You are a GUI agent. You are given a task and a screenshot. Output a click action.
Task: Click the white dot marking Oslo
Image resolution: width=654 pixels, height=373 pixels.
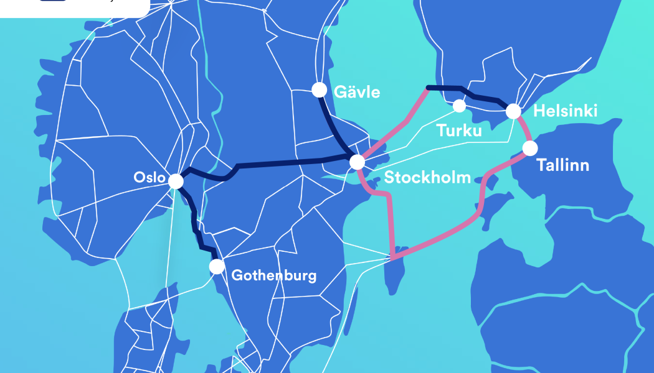(176, 181)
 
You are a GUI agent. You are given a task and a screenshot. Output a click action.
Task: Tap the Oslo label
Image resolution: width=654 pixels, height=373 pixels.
(149, 178)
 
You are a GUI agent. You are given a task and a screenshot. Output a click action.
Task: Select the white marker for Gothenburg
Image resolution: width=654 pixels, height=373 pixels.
(217, 267)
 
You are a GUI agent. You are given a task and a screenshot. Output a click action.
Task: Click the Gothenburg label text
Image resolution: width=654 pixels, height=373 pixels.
(273, 275)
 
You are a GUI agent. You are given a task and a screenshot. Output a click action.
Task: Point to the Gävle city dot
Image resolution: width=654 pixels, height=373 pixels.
(319, 90)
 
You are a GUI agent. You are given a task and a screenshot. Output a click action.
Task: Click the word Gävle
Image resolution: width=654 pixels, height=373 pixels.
(357, 92)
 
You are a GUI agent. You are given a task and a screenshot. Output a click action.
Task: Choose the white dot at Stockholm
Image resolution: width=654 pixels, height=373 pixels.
(357, 162)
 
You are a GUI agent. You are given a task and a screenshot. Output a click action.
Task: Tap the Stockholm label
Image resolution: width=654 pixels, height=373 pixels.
(427, 177)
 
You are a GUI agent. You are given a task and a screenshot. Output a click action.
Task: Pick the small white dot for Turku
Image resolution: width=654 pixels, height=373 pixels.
(459, 106)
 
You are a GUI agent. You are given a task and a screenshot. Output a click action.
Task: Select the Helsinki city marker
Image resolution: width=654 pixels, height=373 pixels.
(513, 111)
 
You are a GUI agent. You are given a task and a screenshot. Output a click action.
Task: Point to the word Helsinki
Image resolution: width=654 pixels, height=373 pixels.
(565, 111)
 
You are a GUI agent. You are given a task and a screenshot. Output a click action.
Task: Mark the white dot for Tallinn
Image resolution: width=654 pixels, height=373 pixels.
(530, 149)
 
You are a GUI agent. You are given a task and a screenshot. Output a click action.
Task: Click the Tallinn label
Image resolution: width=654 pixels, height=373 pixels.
(562, 166)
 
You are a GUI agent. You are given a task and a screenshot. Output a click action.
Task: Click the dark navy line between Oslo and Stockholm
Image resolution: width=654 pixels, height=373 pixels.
(280, 163)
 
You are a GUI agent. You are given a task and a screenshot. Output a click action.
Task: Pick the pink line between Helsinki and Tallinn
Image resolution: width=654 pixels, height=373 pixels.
(523, 129)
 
